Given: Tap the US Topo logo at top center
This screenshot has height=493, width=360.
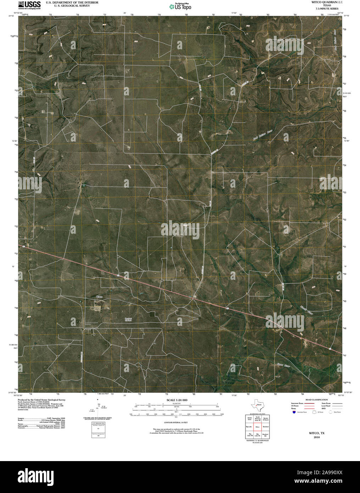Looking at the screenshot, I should pos(181,6).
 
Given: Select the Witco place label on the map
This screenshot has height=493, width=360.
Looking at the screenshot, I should pos(100,296).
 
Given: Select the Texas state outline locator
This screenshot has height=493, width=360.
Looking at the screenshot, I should pos(257,405).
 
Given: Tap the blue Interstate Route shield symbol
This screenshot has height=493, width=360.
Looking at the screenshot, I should pos(294,412).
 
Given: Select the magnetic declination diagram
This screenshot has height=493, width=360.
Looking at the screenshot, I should pos(98,408).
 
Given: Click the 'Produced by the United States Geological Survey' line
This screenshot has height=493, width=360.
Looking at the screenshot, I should pos(41,400).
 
